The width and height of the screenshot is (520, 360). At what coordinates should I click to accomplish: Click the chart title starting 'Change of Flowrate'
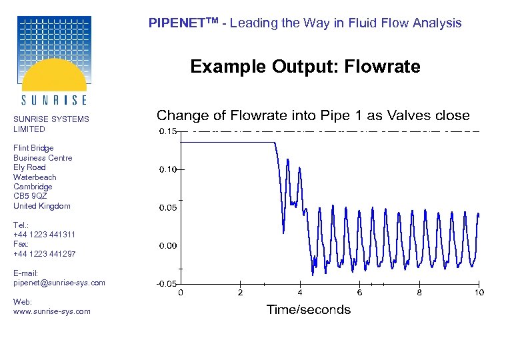313,115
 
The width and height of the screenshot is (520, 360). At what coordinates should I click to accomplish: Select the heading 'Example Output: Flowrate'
305,67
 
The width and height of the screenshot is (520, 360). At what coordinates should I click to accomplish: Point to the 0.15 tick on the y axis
167,131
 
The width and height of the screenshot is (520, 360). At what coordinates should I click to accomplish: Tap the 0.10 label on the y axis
167,170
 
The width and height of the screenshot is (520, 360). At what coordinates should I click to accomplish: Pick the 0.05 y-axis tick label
167,208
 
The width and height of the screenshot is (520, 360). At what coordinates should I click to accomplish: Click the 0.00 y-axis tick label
167,246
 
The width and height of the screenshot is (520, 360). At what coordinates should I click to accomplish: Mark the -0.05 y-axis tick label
166,284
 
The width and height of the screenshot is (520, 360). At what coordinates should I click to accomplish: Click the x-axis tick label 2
240,293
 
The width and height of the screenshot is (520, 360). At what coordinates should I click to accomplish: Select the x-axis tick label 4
300,293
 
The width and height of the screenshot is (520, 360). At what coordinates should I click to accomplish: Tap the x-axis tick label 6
359,293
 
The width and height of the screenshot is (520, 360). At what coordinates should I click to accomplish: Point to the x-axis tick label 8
419,293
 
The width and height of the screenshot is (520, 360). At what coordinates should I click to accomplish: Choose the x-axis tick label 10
479,293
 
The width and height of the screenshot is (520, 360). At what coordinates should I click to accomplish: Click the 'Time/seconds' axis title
308,309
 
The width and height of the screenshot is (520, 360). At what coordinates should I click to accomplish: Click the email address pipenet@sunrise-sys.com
59,283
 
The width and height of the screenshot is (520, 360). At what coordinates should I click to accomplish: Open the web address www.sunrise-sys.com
51,311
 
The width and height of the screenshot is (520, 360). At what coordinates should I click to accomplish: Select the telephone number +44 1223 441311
44,235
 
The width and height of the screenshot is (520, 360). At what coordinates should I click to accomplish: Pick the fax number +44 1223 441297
44,254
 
